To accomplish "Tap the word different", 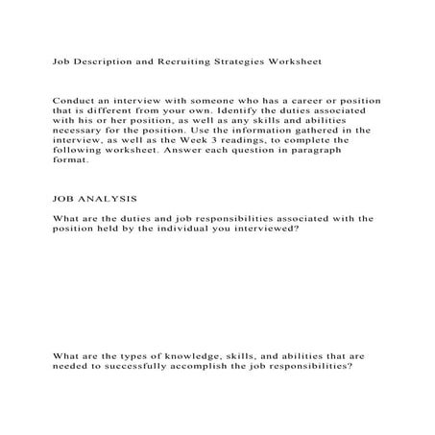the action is pyautogui.click(x=121, y=111).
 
